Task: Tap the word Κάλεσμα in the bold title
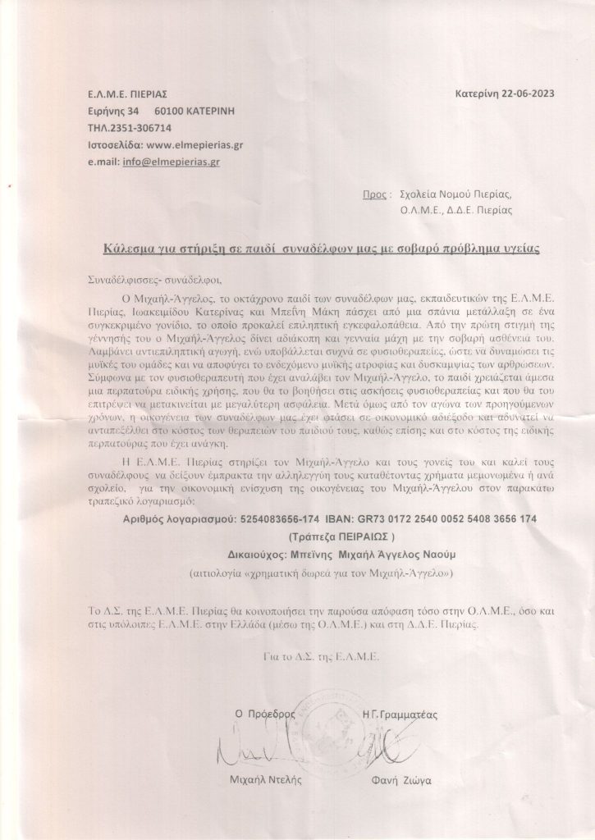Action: (135, 247)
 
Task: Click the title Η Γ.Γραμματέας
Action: (405, 714)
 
